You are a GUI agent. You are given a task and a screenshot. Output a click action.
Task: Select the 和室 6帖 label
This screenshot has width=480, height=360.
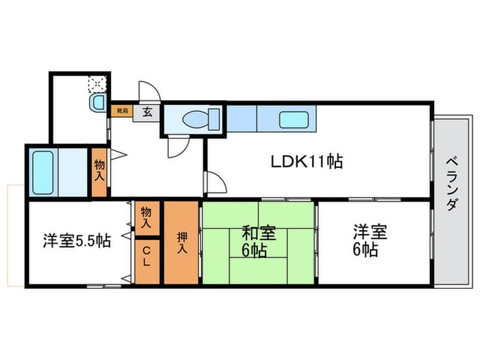click(258, 241)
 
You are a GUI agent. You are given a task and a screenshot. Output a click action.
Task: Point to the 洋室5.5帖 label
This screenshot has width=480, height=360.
click(76, 241)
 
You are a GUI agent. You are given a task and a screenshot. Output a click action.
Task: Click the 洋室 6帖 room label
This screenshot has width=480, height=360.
click(370, 240)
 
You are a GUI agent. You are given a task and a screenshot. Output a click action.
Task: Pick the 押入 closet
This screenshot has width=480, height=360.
click(181, 243)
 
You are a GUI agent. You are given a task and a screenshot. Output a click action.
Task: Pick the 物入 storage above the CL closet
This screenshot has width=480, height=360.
click(146, 219)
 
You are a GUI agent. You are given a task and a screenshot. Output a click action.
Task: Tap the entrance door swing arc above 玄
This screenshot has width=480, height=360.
click(149, 92)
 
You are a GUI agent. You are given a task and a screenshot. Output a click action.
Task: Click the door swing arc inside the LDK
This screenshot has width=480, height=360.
click(215, 182)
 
